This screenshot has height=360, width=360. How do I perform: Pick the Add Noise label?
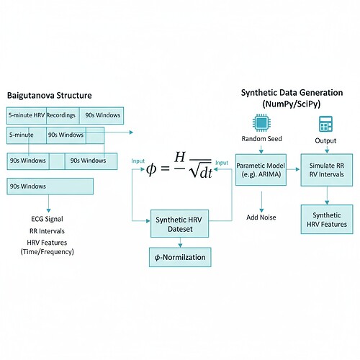point(262,217)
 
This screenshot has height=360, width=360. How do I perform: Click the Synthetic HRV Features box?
point(326,219)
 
